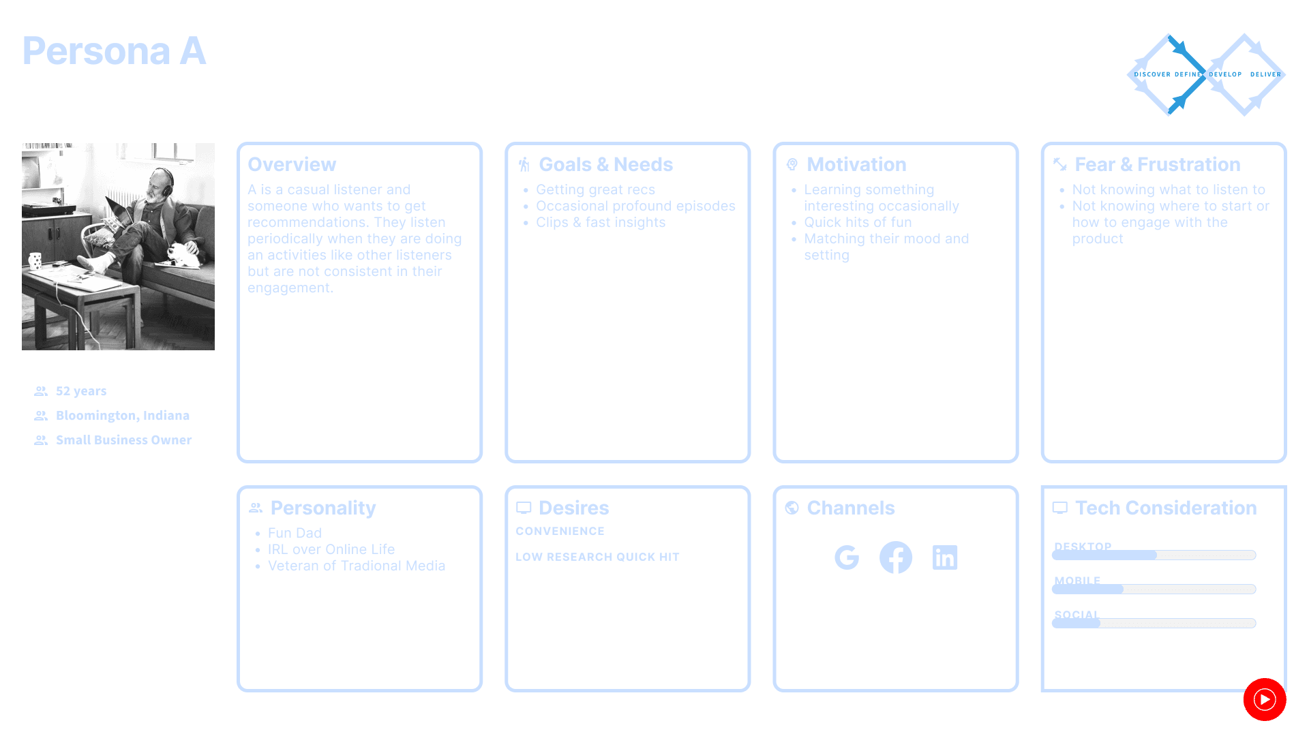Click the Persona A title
coord(114,51)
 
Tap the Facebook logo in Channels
coord(895,557)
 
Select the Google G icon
coord(847,557)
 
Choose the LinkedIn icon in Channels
coord(944,557)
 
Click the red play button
coord(1264,699)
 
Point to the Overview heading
coord(292,164)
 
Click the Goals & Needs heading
coord(605,164)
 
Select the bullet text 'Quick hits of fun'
coord(857,222)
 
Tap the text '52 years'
coord(81,391)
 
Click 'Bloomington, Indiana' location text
coord(123,416)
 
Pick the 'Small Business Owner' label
coord(123,440)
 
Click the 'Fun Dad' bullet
coord(295,533)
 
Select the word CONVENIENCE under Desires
coord(560,531)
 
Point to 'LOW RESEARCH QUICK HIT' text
coord(597,557)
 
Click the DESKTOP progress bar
coord(1154,555)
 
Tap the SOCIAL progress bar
coord(1154,623)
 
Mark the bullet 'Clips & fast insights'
coord(600,222)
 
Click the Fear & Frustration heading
coord(1157,164)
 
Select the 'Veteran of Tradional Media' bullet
coord(356,566)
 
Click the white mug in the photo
coord(35,261)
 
